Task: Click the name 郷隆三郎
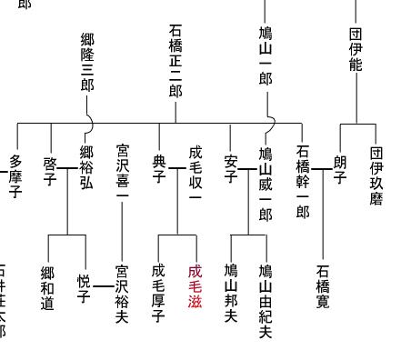(x=87, y=61)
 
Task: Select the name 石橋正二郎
(x=175, y=61)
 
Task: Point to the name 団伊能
(x=355, y=49)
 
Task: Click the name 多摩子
(x=15, y=175)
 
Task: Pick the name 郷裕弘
(x=86, y=168)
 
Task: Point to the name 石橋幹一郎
(x=302, y=182)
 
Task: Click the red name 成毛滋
(x=195, y=286)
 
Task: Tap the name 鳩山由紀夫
(x=266, y=301)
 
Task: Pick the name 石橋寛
(x=323, y=286)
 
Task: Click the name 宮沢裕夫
(x=122, y=294)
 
